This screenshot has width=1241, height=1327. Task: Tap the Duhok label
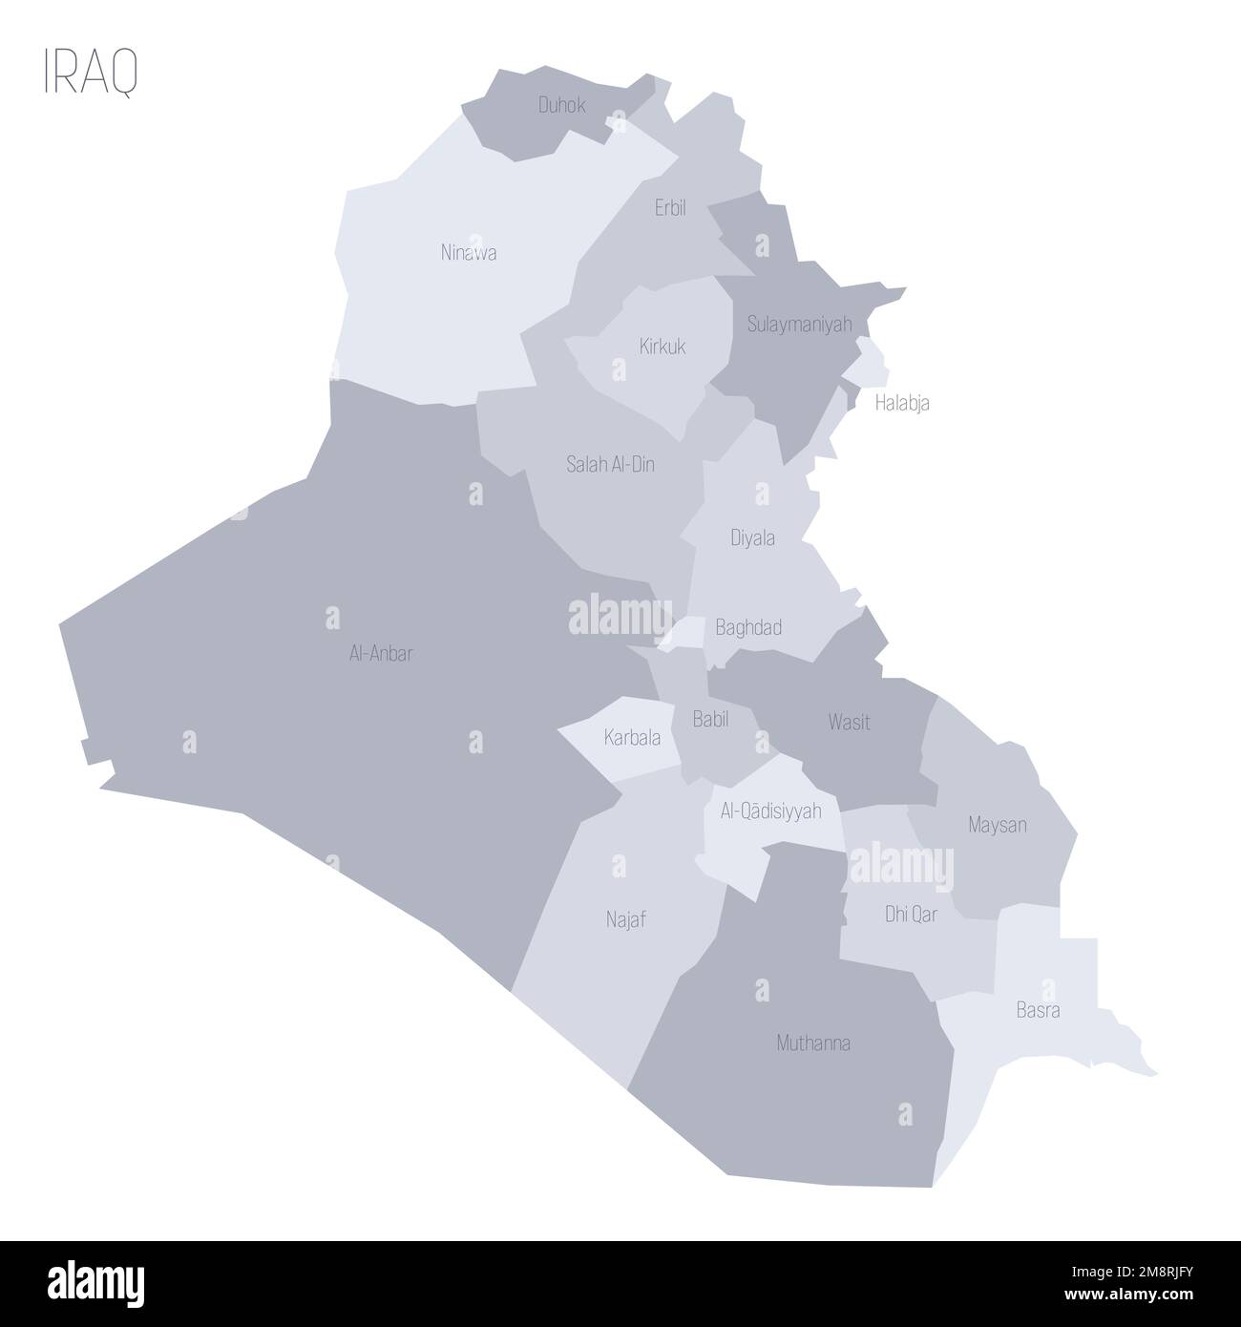pos(561,105)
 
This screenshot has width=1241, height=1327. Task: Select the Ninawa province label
pos(468,254)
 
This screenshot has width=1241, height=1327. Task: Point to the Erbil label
pos(670,208)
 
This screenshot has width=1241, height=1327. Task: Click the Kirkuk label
pos(663,346)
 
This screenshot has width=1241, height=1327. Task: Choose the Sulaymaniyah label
pos(800,325)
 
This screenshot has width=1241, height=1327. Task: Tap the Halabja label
pos(902,403)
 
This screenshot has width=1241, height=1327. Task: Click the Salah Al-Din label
pos(610,465)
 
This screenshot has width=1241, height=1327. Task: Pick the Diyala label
pos(752,538)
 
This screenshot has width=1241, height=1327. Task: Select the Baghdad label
pos(748,627)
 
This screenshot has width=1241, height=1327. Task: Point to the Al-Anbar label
pos(381,654)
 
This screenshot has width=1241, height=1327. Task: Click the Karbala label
pos(632,737)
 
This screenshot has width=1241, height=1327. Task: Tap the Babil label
pos(710,720)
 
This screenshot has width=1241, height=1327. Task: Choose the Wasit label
pos(849,722)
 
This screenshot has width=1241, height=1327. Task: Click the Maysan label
pos(997,824)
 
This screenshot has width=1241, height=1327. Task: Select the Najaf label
pos(626,920)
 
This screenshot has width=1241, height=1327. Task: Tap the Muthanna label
pos(813,1043)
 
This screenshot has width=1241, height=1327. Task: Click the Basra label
pos(1038,1010)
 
